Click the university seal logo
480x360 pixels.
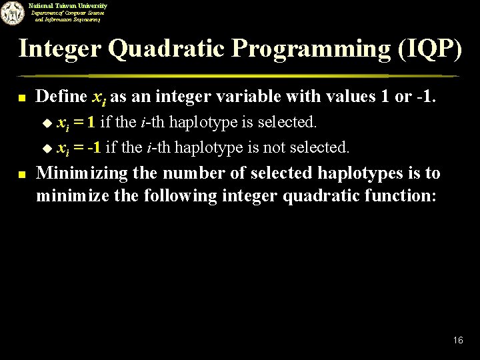point(12,13)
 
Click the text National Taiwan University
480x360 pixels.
point(67,5)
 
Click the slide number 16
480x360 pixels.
point(458,341)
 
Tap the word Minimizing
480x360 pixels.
point(73,173)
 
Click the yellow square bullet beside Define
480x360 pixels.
point(22,98)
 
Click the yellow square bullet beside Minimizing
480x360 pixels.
point(22,175)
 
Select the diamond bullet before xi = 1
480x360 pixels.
point(47,123)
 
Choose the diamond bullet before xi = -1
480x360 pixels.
point(47,147)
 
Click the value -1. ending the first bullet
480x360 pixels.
point(424,97)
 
